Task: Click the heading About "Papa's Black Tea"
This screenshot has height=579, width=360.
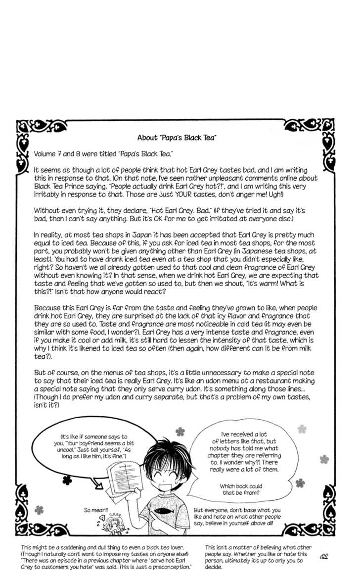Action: point(177,138)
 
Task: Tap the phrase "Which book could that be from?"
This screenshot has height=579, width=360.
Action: point(241,489)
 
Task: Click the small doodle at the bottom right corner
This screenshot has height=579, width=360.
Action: point(325,556)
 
